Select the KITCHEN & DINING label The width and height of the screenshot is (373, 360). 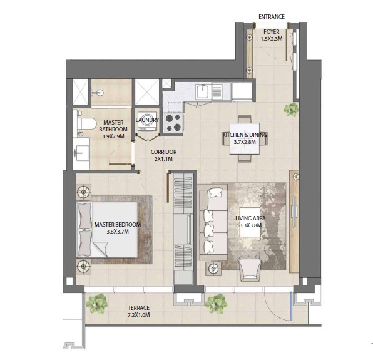237,135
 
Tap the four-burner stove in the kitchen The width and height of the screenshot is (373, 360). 172,121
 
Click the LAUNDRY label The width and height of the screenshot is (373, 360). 148,120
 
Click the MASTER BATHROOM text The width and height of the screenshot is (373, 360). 113,126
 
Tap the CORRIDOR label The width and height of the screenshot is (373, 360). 163,152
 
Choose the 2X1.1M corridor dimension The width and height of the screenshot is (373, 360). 163,160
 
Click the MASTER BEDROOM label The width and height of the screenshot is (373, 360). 118,224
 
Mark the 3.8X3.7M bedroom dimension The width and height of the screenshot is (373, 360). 118,232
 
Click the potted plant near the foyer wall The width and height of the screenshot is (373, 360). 290,110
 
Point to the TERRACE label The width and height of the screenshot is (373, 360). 138,307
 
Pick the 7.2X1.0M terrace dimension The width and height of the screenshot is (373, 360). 138,316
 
